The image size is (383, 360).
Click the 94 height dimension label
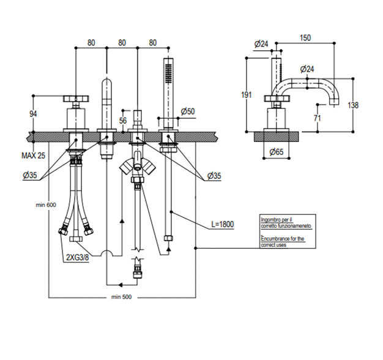click(x=33, y=114)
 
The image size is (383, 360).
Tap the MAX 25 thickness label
click(x=34, y=156)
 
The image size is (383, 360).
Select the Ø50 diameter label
click(x=188, y=111)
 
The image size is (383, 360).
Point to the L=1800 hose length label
click(x=223, y=224)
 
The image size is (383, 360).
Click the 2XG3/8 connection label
click(x=78, y=257)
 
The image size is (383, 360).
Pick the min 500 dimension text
click(x=121, y=297)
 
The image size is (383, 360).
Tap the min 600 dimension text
click(x=46, y=205)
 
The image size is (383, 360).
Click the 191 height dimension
click(x=247, y=94)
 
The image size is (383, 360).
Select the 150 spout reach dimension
click(x=305, y=38)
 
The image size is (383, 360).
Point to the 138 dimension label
click(x=353, y=105)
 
